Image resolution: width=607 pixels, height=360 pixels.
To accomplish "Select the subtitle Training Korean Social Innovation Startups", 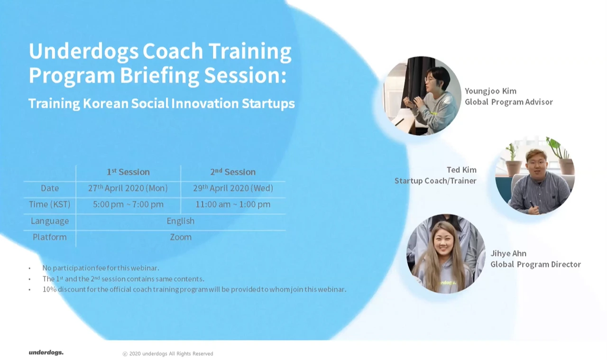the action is click(162, 103).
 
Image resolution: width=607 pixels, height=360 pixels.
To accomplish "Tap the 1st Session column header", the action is click(128, 172).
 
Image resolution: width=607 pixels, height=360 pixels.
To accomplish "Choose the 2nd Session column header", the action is click(233, 172).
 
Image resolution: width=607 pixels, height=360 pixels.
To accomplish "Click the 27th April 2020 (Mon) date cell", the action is click(128, 188).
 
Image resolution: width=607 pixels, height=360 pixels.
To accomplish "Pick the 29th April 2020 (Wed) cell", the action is click(233, 188).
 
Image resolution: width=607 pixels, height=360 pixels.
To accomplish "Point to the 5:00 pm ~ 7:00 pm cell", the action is click(128, 204).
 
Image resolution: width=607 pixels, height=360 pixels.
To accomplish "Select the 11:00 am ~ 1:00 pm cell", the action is click(233, 204).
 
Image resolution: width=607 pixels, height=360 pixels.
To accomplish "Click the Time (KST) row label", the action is click(50, 204).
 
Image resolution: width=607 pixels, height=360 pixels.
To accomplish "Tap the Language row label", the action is click(50, 221).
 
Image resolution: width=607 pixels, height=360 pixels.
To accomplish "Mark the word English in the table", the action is click(181, 221).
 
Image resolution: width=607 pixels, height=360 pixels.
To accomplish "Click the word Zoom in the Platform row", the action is click(181, 237).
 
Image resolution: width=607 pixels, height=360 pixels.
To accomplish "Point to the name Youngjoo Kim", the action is click(491, 91).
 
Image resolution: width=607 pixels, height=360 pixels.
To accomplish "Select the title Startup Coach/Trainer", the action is click(435, 181).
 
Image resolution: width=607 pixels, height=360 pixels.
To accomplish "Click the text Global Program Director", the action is click(536, 264).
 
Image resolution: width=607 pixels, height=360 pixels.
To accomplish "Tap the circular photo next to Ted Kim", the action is click(535, 175).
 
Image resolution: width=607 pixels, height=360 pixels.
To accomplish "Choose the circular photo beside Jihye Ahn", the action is click(446, 254).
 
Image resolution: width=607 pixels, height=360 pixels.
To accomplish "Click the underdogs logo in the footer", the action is click(46, 353).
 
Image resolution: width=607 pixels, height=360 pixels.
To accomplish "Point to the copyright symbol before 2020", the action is click(125, 354).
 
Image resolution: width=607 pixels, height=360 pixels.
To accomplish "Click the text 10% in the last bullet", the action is click(49, 289).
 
